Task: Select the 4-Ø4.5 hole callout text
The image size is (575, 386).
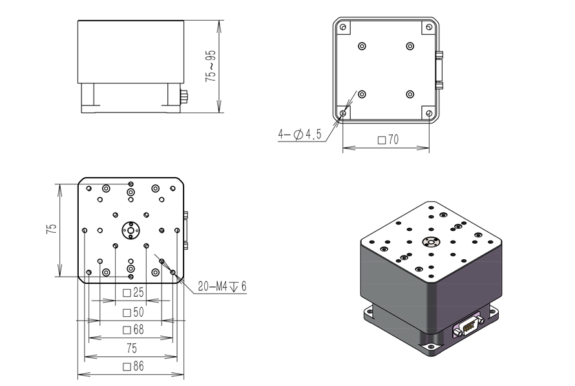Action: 300,134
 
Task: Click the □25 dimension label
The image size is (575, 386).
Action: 133,293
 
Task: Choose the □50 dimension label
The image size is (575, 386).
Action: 133,312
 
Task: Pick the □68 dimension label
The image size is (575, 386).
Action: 133,330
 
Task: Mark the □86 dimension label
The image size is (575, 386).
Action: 133,367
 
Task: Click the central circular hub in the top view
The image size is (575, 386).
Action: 131,230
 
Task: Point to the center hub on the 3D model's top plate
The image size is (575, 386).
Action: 429,242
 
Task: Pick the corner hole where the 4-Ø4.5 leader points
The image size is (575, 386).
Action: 343,114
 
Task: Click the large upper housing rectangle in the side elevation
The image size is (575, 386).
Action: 131,51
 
